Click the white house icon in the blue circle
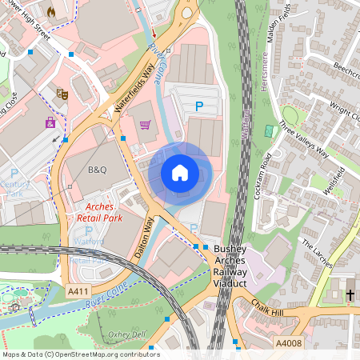coord(180,172)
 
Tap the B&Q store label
coord(97,170)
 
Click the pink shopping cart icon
coord(145,125)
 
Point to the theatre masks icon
coord(62,94)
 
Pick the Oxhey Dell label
coord(127,334)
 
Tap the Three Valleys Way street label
coord(303,141)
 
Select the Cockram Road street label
coord(267,167)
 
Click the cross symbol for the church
coord(350,295)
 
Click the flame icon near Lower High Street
coord(52,13)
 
